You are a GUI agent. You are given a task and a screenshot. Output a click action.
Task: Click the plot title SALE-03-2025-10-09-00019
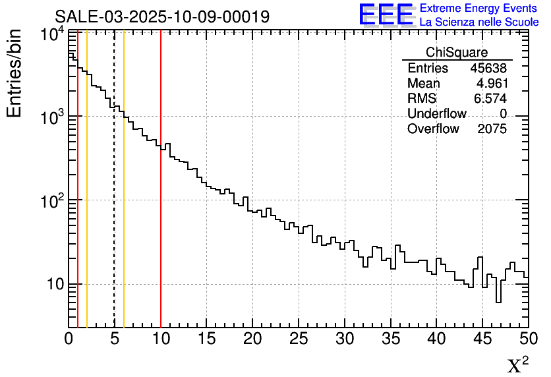tap(162, 16)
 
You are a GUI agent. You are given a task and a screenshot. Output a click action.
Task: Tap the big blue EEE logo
tap(386, 15)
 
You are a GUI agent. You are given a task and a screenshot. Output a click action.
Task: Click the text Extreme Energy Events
tap(479, 9)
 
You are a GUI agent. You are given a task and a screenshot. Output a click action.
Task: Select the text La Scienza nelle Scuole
tap(479, 22)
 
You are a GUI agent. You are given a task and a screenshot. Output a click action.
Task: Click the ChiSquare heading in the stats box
tap(457, 53)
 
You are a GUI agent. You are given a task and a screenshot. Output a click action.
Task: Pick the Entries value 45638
tap(488, 69)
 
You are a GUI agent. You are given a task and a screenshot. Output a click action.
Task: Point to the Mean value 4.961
tap(491, 84)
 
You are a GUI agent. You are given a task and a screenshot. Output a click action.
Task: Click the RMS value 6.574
tap(491, 99)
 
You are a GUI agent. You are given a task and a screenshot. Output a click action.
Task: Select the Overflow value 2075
tap(492, 129)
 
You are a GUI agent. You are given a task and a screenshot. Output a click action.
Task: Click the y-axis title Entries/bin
tap(14, 73)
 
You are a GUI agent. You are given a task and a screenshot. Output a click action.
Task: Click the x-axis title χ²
tap(517, 364)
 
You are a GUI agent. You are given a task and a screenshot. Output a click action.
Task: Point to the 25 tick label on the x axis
tap(299, 339)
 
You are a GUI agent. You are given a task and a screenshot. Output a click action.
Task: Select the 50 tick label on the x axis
tap(527, 339)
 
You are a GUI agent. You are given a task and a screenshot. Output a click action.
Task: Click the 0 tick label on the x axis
tap(69, 339)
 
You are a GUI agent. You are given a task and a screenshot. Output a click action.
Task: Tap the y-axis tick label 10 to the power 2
tap(51, 200)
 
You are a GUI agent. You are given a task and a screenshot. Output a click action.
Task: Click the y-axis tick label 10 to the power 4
tap(51, 34)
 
